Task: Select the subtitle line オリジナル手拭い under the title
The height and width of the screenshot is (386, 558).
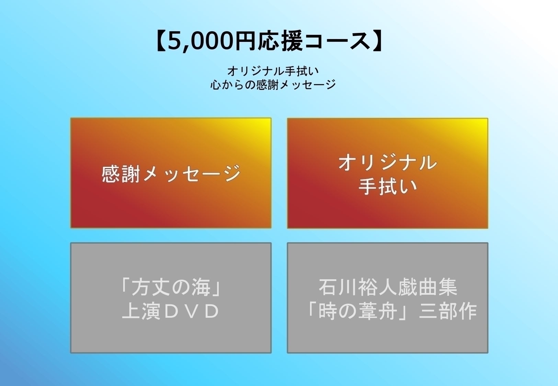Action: click(x=273, y=71)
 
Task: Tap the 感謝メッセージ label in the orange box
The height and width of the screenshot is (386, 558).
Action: click(x=171, y=173)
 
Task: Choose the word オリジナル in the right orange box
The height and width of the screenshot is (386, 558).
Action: click(x=387, y=162)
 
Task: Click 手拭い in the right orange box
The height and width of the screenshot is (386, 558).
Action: click(x=387, y=186)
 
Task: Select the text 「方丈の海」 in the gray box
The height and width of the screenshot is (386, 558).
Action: click(x=171, y=287)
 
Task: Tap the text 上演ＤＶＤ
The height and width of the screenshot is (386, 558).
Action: click(x=171, y=311)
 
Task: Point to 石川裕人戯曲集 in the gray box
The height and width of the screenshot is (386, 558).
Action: click(x=388, y=287)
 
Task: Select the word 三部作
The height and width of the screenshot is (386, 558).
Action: click(x=448, y=311)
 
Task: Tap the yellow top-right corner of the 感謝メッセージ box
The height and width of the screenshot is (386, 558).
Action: click(x=266, y=123)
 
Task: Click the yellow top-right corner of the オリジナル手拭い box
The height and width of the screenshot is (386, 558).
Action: click(x=482, y=123)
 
